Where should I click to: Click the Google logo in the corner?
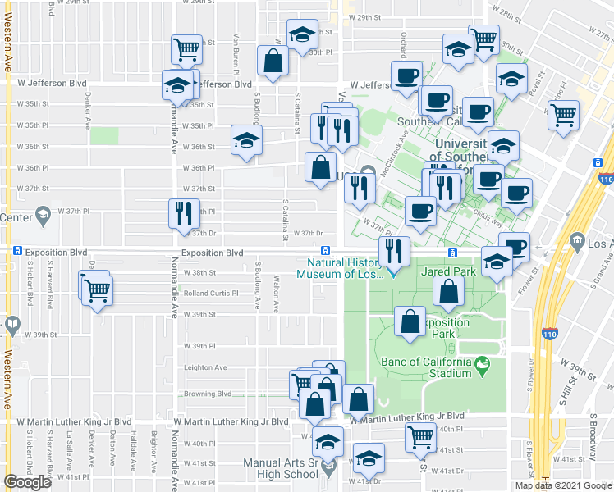(x=27, y=482)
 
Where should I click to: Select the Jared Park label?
(x=448, y=271)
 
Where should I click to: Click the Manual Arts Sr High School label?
(x=280, y=468)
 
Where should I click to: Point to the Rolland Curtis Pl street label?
(x=210, y=293)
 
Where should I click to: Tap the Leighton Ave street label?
(x=204, y=367)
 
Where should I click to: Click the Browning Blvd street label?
(x=208, y=394)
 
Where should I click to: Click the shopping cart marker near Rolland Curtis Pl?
(x=97, y=289)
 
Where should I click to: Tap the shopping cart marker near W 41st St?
(x=420, y=439)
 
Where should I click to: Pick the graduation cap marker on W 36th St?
(x=246, y=139)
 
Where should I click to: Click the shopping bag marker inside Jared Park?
(x=449, y=291)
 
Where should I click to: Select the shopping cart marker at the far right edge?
(x=564, y=116)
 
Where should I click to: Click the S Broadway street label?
(x=592, y=443)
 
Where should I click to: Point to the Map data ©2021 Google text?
(x=562, y=485)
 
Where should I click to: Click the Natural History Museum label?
(x=345, y=268)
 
